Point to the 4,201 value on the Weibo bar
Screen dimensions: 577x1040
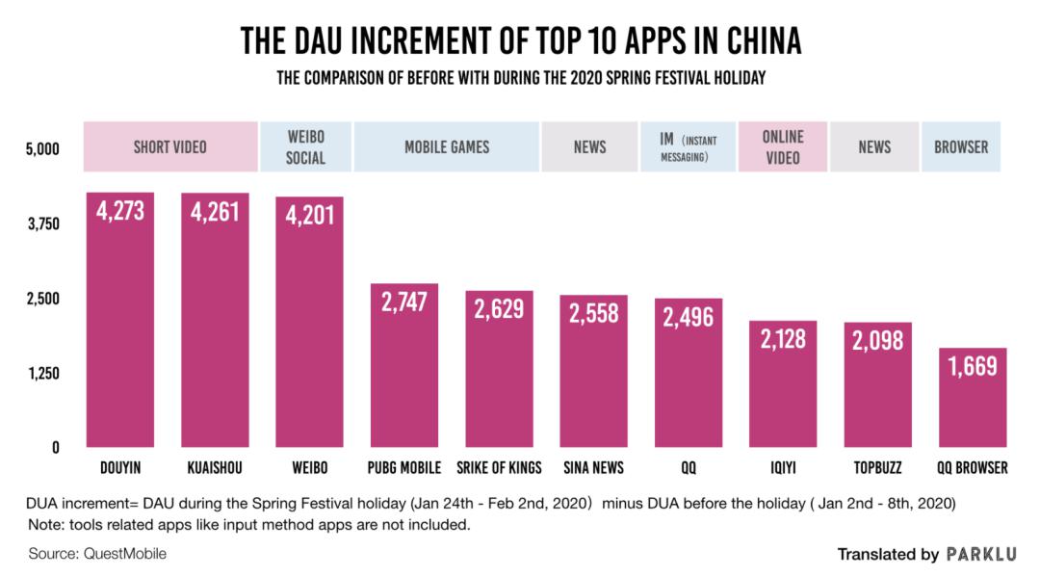click(x=309, y=215)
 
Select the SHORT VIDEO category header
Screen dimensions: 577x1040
click(x=170, y=147)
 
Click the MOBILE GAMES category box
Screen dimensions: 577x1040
click(x=447, y=147)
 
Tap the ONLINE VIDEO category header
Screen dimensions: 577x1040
click(x=782, y=147)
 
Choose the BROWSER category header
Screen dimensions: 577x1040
click(x=961, y=147)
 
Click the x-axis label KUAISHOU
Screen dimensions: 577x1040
click(x=215, y=468)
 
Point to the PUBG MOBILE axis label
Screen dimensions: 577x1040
click(x=404, y=468)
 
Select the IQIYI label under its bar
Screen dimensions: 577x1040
click(x=783, y=468)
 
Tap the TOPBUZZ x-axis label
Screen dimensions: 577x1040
click(x=877, y=468)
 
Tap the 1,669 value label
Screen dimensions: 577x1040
click(x=973, y=366)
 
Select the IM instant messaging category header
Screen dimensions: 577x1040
click(x=688, y=147)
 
